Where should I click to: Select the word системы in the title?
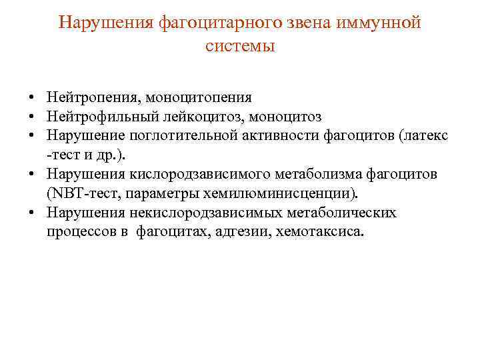(239, 46)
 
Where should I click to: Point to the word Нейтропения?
(91, 98)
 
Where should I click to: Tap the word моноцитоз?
(289, 117)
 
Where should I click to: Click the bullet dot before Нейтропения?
(31, 98)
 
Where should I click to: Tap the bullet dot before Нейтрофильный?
(31, 117)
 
